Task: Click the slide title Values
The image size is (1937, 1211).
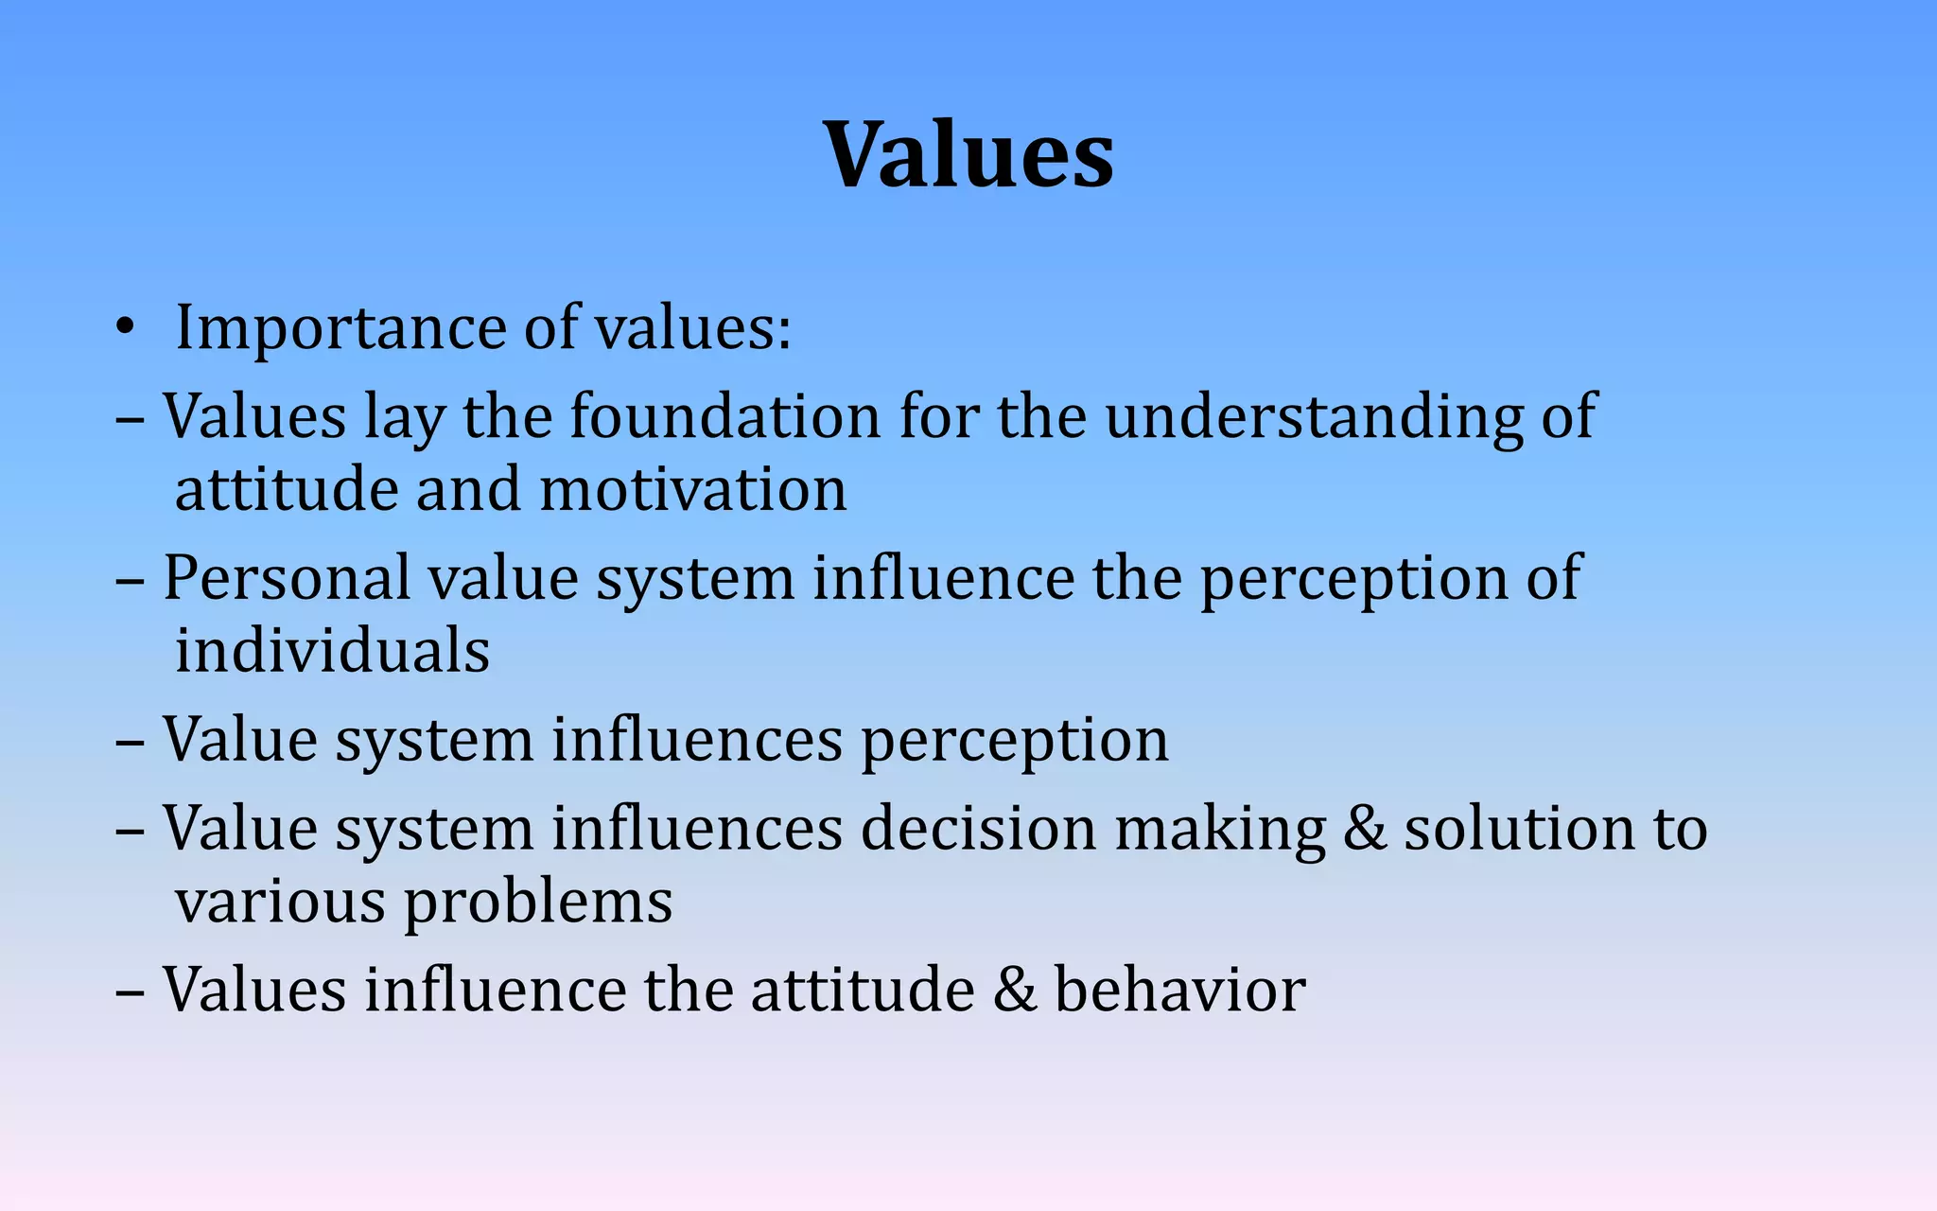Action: [x=968, y=154]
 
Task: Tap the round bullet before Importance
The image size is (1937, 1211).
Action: [x=124, y=328]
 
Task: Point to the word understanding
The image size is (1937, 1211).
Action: [x=1314, y=417]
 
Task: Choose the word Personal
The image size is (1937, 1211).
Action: [x=287, y=577]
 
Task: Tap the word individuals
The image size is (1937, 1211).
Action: [x=332, y=651]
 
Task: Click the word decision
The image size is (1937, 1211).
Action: [x=978, y=828]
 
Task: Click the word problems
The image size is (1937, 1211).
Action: [x=538, y=903]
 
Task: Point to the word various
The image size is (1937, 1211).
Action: [x=280, y=903]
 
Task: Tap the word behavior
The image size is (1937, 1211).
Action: [x=1179, y=990]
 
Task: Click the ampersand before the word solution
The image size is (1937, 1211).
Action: [x=1364, y=828]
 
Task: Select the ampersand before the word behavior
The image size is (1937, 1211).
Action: [x=1015, y=990]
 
